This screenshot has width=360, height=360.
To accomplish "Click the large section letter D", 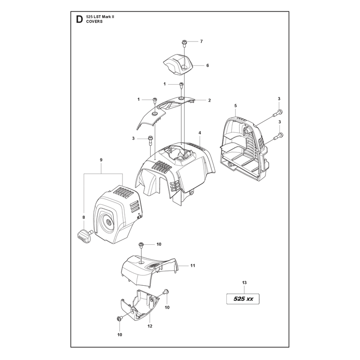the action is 79,19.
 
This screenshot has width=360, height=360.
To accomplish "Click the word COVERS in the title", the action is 94,22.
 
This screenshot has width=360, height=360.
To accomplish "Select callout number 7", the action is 201,41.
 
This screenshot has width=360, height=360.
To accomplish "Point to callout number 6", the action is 207,65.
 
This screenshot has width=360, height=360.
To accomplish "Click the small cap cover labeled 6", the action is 179,64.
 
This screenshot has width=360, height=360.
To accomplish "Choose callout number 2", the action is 209,100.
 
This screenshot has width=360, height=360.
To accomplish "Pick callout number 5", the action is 235,106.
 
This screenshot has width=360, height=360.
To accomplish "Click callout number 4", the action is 200,133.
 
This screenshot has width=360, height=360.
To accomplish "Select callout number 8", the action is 84,217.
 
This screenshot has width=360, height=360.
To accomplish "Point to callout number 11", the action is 193,265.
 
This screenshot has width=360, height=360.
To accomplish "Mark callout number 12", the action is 150,326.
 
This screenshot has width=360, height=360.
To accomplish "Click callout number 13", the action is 244,283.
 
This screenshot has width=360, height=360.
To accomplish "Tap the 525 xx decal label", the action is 243,299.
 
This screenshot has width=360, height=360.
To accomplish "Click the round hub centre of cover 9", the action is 109,222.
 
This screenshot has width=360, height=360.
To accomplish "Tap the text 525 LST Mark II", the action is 100,17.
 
